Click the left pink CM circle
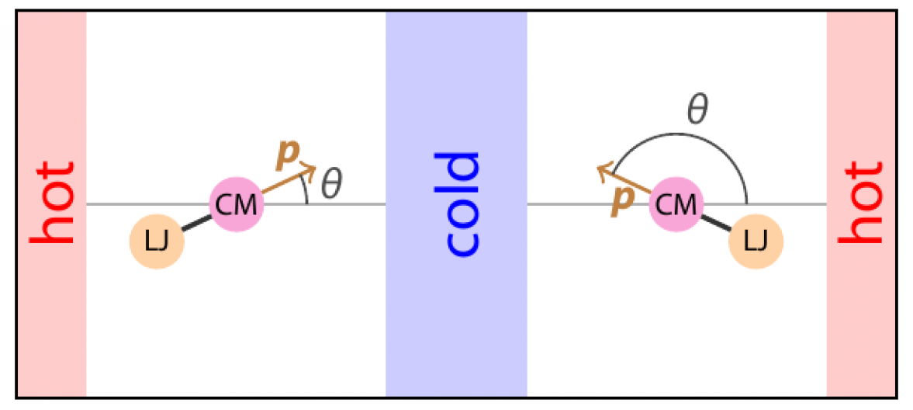(x=237, y=204)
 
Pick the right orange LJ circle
(x=756, y=242)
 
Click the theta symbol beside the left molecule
(x=332, y=184)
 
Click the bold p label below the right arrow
(x=620, y=201)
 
